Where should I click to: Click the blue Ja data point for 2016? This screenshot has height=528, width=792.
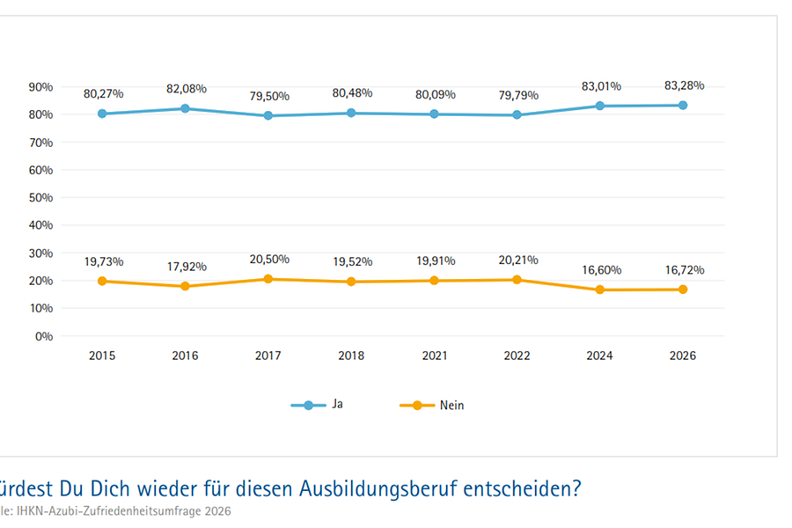(x=185, y=108)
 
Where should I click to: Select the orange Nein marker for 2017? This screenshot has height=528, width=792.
(x=268, y=279)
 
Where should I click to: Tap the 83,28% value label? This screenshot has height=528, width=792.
(x=683, y=85)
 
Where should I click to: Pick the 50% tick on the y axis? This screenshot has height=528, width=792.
(x=41, y=197)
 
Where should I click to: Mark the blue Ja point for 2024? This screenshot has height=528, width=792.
(x=600, y=106)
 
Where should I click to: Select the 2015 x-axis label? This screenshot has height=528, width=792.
(x=102, y=356)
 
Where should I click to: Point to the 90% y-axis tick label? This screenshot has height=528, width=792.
(x=41, y=86)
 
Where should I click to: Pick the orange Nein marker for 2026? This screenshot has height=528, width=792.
(x=683, y=290)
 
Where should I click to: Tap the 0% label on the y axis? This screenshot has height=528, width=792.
(x=44, y=336)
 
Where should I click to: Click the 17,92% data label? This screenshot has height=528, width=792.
(x=185, y=267)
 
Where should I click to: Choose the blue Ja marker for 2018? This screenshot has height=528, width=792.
(x=351, y=113)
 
